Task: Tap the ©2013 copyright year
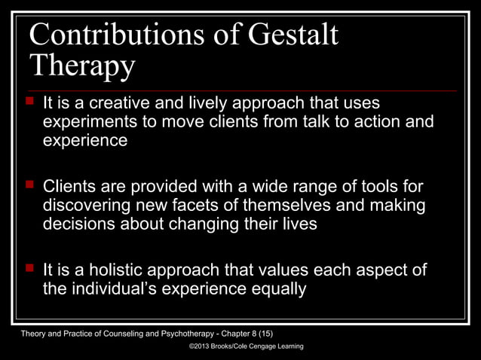202,346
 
